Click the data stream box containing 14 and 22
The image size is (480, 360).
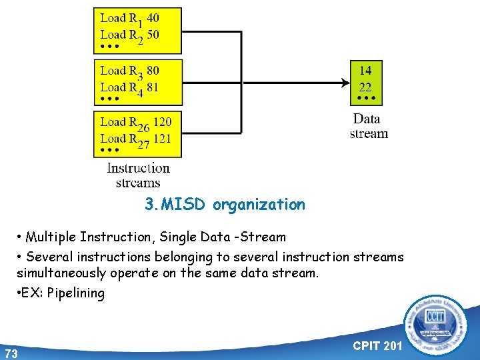(366, 83)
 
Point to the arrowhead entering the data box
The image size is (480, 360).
(345, 83)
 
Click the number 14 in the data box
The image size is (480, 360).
(365, 70)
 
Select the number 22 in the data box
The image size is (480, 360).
(365, 87)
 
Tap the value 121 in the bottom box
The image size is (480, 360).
(162, 139)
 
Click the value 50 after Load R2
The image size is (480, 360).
(153, 35)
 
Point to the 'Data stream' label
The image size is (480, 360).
(368, 126)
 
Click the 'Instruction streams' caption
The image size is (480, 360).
(138, 175)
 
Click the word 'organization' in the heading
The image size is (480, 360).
(259, 205)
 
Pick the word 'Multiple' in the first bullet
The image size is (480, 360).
(50, 237)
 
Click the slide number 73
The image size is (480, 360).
(11, 353)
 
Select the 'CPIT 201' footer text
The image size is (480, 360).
(377, 345)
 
